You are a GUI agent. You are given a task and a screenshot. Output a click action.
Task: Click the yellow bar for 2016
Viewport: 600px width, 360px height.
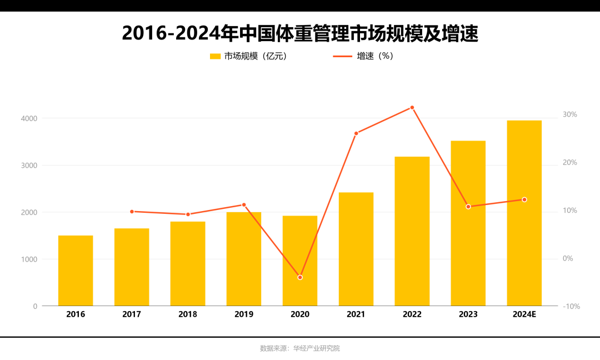pos(76,271)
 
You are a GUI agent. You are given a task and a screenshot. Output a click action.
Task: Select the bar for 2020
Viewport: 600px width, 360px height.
pos(300,261)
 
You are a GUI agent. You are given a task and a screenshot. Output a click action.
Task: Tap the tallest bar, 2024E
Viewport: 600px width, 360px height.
pos(524,213)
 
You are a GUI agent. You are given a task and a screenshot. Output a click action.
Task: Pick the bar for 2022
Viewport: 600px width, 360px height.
pos(412,231)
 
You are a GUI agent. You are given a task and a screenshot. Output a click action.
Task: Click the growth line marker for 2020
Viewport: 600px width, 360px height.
pos(300,277)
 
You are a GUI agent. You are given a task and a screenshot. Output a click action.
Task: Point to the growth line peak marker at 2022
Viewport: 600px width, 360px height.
pos(412,108)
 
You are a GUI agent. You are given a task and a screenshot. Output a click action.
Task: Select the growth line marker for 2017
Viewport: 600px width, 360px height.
pos(132,212)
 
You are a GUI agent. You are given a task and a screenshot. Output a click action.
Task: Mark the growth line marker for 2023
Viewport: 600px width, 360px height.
pos(468,207)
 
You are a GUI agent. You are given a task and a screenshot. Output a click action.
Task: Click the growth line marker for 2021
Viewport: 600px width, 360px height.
pos(356,133)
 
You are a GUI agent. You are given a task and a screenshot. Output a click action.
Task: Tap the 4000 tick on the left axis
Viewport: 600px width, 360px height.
pos(29,118)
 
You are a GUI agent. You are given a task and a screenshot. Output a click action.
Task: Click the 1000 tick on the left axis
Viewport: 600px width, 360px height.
pos(29,259)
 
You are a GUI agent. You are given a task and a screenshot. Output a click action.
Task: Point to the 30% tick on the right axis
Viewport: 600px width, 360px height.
pos(570,114)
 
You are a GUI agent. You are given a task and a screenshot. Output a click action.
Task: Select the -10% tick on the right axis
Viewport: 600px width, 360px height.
pos(571,307)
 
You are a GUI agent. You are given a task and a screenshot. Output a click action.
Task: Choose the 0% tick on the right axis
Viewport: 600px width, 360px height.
pos(568,259)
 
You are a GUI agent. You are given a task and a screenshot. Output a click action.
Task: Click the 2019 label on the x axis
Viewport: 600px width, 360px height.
pos(244,314)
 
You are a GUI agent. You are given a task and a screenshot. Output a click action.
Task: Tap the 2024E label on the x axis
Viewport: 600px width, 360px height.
pos(524,314)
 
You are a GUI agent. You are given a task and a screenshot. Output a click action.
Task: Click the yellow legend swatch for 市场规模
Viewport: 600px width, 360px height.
pos(215,56)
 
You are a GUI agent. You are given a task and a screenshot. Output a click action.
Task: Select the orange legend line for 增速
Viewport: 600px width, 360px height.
pos(342,56)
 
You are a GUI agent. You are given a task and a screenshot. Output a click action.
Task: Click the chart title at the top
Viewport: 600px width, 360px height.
pos(300,33)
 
